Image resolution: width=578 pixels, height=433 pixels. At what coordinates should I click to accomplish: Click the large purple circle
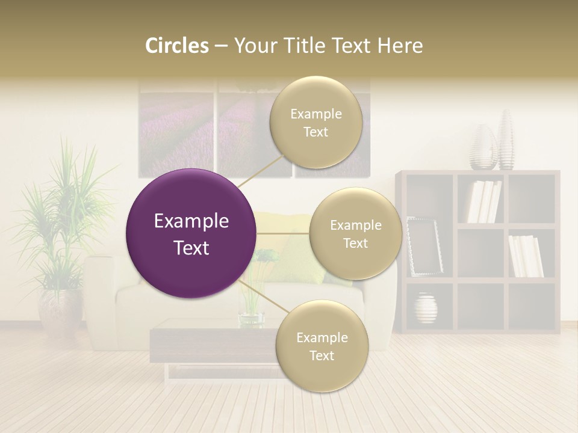point(191,233)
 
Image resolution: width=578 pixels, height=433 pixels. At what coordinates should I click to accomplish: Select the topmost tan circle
point(315,123)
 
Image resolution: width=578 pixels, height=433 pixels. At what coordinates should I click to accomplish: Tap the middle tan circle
point(355,233)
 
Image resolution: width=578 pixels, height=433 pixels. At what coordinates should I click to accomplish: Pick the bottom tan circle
point(322,346)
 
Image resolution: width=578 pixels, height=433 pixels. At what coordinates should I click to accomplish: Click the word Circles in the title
point(177,46)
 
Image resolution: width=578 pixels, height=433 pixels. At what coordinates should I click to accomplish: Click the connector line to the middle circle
point(283,233)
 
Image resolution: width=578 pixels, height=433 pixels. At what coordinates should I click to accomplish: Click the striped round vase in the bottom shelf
point(426,308)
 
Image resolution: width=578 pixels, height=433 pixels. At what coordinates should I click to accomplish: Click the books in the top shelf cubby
point(484,201)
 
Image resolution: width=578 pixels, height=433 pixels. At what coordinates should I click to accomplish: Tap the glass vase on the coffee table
point(251,301)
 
